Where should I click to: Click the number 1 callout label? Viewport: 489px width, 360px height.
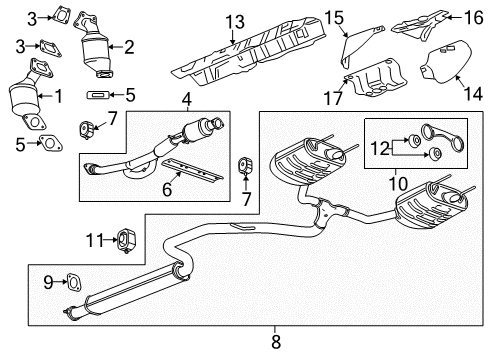pos(57,97)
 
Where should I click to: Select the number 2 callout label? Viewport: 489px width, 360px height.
pos(128,46)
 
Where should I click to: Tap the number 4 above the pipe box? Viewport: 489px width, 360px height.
pos(186,99)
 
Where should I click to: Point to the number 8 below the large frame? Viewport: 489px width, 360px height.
pos(276,342)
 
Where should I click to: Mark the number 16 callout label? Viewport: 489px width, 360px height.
pos(475,17)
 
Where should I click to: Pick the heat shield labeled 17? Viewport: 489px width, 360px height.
pos(376,83)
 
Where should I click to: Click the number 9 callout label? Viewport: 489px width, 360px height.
pos(45,282)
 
